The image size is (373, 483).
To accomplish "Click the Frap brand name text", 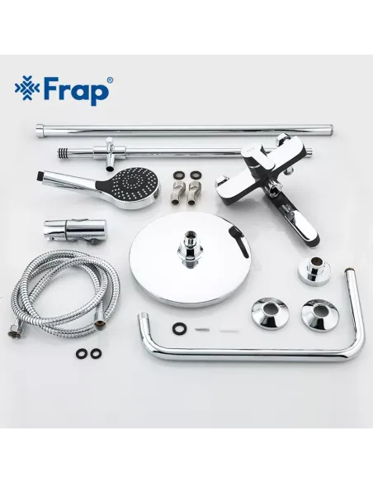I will (x=80, y=89).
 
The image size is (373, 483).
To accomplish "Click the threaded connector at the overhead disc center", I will (x=188, y=247).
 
